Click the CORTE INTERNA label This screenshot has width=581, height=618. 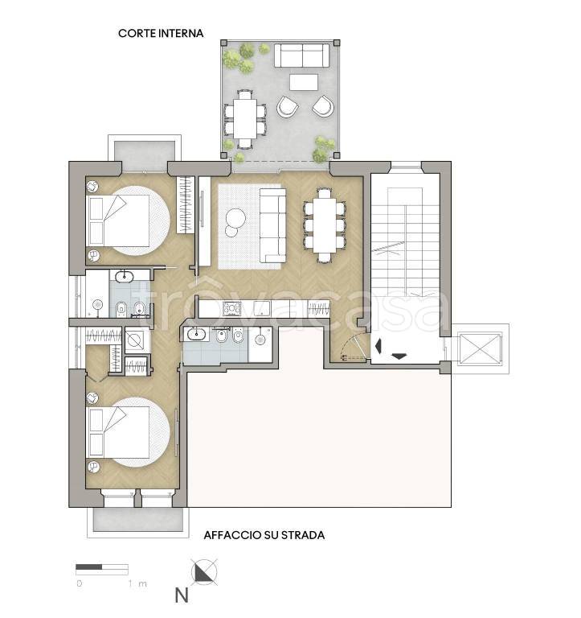coord(161,33)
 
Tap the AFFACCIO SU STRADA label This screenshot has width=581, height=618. coord(264,535)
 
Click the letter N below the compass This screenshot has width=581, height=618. coord(182,595)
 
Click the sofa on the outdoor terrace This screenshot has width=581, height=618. coord(301,56)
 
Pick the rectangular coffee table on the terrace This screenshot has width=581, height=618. coord(304,82)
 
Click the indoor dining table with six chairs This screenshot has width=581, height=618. coord(325,225)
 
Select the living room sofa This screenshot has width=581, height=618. coord(272,225)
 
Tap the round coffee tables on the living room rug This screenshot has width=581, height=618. coord(235,222)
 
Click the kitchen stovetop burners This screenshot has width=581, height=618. coord(232,308)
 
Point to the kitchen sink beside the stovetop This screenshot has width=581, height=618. coord(261,308)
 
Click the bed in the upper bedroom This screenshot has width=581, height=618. coord(117,220)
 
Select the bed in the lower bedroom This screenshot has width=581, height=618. coord(117,432)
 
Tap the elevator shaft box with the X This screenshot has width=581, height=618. coord(480,348)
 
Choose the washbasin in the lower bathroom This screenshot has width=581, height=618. coord(196,335)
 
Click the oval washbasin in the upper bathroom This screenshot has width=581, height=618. coord(124,275)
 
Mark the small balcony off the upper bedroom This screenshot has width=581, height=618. coord(145,153)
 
